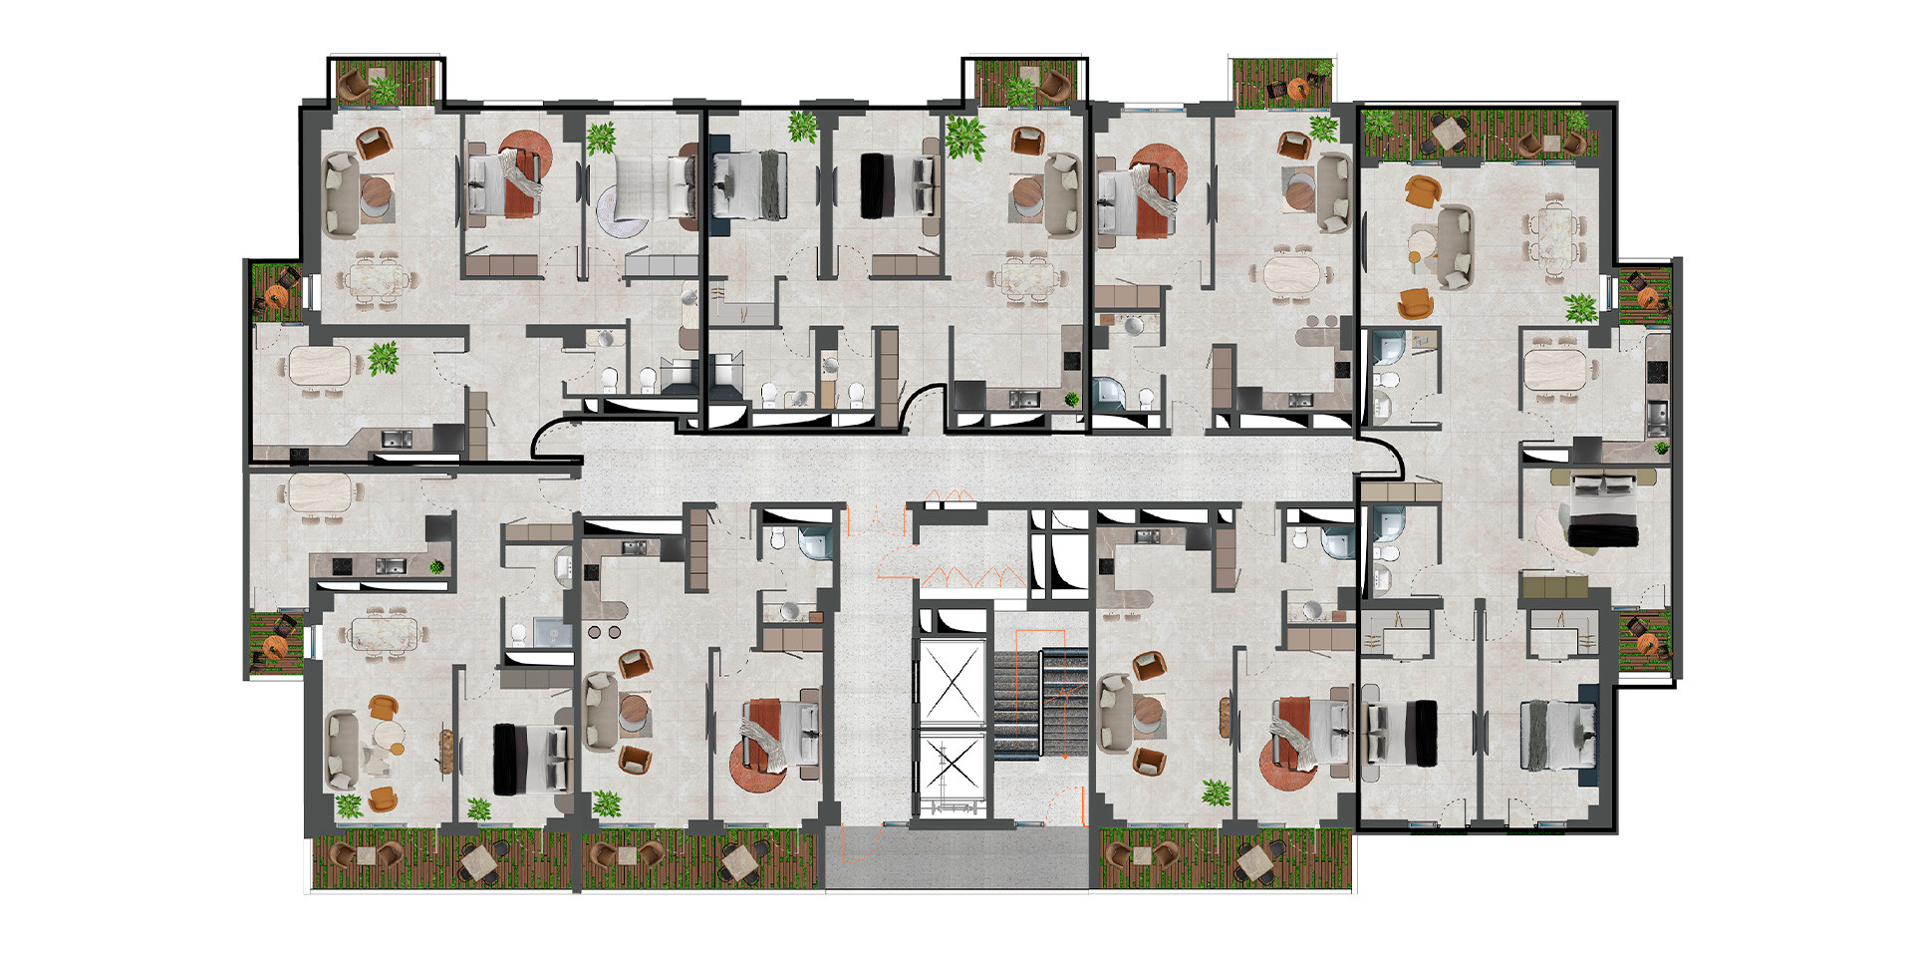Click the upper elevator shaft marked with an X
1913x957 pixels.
click(x=951, y=682)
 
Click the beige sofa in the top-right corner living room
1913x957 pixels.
click(x=1454, y=241)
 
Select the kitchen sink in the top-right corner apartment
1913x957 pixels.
click(x=1655, y=413)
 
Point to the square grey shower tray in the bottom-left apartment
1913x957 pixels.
click(x=553, y=634)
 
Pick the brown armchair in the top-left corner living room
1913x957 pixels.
click(x=375, y=146)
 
